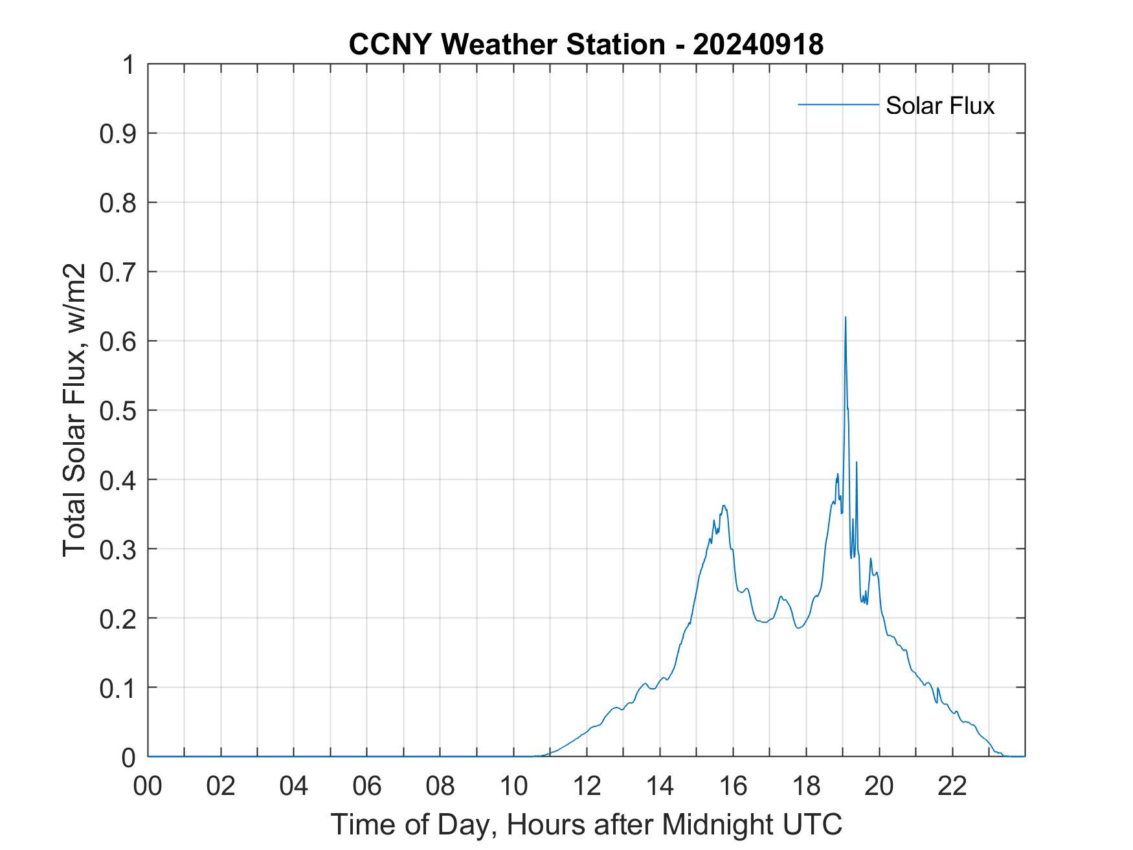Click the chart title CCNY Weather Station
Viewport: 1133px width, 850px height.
506,45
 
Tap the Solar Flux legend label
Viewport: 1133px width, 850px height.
939,106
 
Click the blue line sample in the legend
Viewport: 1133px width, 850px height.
838,104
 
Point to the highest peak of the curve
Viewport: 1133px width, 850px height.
845,318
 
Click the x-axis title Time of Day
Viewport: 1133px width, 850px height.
586,824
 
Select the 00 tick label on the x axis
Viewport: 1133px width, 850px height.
148,787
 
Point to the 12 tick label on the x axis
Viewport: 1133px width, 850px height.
587,787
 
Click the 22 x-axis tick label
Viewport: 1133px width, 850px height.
952,787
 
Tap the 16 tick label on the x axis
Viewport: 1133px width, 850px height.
733,787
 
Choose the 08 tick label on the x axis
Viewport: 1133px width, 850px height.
440,787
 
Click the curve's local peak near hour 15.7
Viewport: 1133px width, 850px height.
724,506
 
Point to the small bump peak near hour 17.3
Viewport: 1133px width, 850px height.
781,596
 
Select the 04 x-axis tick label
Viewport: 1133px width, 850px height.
294,787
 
